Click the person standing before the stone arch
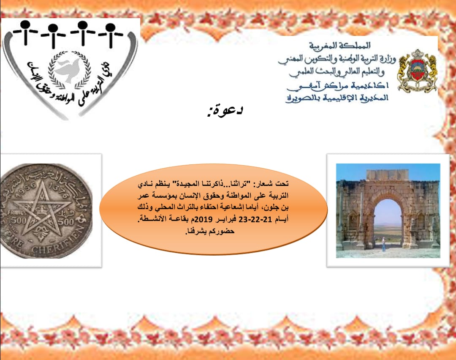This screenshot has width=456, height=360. tap(383, 244)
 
